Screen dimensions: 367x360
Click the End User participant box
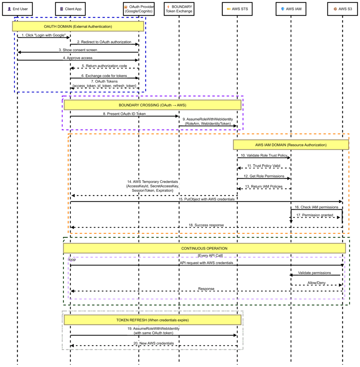[18, 9]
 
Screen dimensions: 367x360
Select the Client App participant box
[71, 9]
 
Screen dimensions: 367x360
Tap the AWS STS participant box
[237, 9]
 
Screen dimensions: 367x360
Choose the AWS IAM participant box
[291, 9]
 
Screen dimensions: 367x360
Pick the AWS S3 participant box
[342, 9]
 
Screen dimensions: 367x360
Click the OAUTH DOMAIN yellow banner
[78, 26]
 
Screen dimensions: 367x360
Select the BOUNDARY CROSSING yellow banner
[152, 105]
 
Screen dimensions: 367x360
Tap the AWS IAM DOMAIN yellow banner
[291, 145]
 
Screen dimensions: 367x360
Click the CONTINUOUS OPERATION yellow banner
[204, 248]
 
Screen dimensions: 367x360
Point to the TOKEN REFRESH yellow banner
[152, 320]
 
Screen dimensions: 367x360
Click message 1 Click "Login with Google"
[44, 35]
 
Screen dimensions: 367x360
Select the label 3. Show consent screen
[78, 50]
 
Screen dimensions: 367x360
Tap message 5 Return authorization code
[104, 66]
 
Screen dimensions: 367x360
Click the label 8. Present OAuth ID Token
[124, 114]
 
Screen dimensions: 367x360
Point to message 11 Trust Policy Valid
[264, 166]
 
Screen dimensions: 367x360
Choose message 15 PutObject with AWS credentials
[207, 199]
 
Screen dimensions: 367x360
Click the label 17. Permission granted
[315, 215]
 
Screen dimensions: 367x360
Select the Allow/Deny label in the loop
[317, 282]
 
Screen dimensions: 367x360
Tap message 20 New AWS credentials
[153, 343]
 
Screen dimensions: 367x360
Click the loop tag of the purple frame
[72, 259]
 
